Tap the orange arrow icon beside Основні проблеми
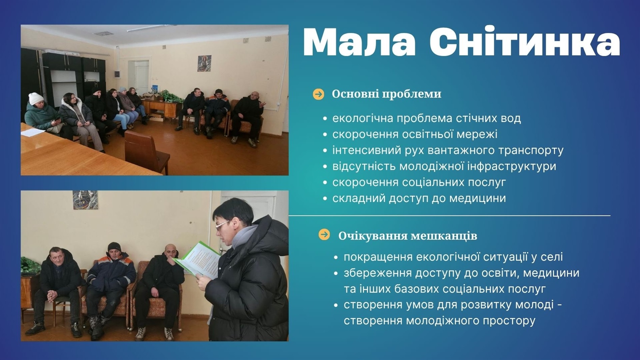pos(318,94)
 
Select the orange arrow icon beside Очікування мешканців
pos(324,235)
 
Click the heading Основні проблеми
pos(386,94)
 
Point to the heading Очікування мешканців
pos(408,236)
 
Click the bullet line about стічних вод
pos(426,118)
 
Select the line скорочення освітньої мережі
pos(415,134)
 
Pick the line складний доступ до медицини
pos(419,198)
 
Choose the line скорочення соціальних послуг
pos(419,182)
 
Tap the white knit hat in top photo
pos(36,98)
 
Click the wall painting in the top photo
pos(204,63)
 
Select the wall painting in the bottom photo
pos(85,200)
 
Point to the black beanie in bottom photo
pos(114,247)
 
